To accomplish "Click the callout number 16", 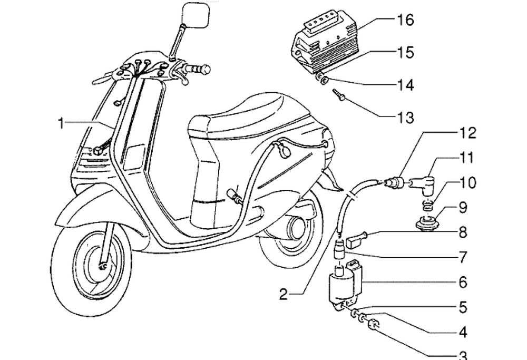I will pos(405,20).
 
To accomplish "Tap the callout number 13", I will pos(405,116).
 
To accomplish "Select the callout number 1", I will pos(61,123).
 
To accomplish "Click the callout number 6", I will pos(462,283).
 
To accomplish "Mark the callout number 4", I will pos(462,333).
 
